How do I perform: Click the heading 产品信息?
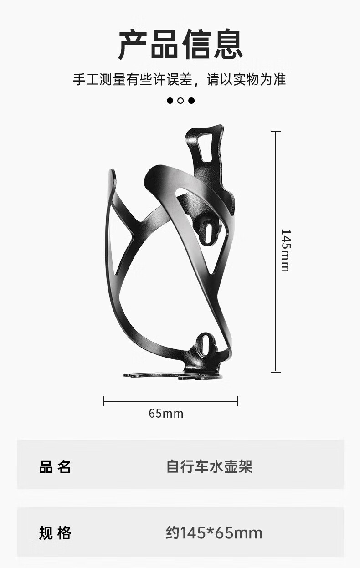coord(180,44)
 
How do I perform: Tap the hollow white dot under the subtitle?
coord(180,101)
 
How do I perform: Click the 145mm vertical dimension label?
coord(286,250)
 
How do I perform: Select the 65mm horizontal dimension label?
coord(166,413)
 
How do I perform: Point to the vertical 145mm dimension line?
coord(276,251)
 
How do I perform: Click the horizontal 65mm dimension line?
coord(170,401)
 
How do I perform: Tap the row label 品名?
coord(55,467)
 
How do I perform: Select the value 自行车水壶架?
coord(209,466)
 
